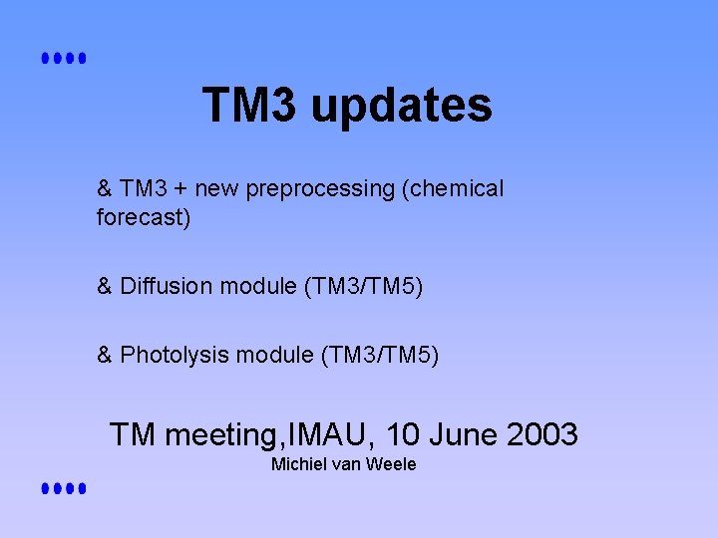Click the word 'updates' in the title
[x=402, y=106]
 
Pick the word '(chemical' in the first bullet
[x=453, y=188]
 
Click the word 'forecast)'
[x=143, y=217]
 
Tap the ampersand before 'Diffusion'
[x=105, y=287]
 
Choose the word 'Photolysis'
[x=174, y=355]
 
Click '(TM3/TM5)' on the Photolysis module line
[x=385, y=355]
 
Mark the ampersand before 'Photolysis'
[x=105, y=355]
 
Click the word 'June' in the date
[x=466, y=434]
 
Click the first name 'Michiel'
[x=297, y=464]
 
